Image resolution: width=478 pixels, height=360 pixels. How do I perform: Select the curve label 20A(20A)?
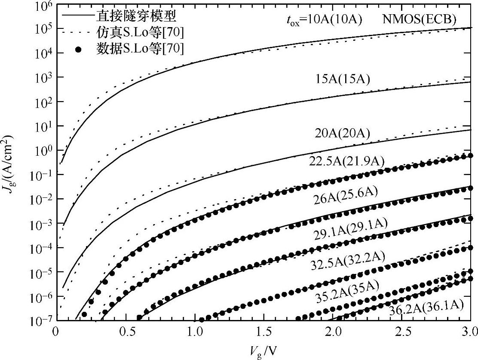tap(342, 133)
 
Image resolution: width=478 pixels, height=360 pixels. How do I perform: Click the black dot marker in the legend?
tap(78, 49)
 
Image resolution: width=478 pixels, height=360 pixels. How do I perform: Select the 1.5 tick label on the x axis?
tap(264, 332)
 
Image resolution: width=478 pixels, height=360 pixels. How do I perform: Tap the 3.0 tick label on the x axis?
tap(471, 332)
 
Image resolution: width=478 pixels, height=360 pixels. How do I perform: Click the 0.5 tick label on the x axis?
tap(124, 332)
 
